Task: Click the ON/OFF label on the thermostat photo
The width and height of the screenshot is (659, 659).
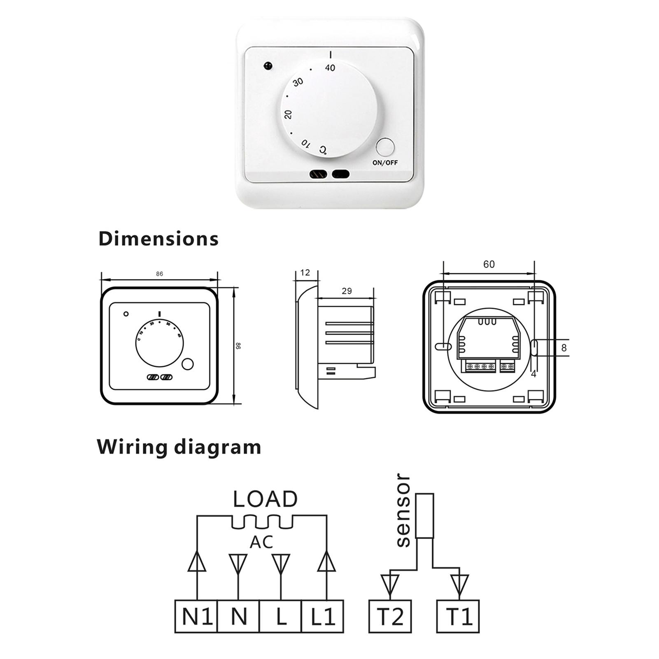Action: click(x=385, y=163)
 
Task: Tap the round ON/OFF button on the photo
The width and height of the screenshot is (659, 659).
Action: click(x=385, y=147)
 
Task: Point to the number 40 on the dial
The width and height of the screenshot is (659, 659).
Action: click(x=330, y=68)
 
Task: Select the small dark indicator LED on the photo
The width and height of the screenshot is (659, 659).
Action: click(x=268, y=65)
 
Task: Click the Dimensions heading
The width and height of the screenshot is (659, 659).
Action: click(x=158, y=239)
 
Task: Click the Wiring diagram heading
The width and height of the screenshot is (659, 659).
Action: click(x=179, y=447)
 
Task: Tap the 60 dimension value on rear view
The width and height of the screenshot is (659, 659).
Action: click(x=489, y=264)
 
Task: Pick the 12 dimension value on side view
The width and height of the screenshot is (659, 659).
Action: click(x=305, y=272)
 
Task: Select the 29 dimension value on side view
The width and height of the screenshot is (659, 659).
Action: click(x=347, y=291)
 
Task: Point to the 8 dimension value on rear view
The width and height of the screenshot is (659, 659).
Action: click(x=564, y=348)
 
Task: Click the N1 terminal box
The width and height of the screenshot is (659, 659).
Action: click(x=196, y=617)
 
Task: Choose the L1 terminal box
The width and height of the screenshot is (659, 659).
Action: click(x=322, y=617)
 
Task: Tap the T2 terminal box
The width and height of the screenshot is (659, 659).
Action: click(x=390, y=617)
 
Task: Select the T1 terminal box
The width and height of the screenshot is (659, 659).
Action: click(x=458, y=617)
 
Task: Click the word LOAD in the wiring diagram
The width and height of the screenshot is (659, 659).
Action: click(x=265, y=499)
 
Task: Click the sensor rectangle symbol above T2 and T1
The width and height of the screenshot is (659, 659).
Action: click(x=424, y=516)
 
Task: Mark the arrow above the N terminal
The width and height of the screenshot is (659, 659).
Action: click(x=238, y=564)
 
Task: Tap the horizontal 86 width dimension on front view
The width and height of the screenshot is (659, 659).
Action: click(x=159, y=274)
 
